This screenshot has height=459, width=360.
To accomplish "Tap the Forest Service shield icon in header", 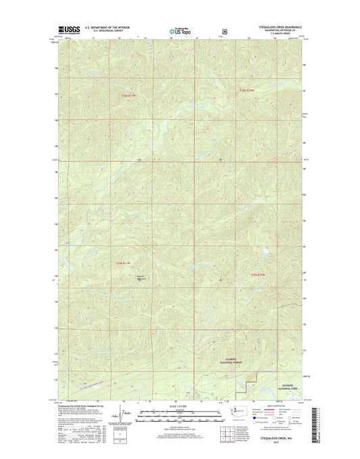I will (224, 30).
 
